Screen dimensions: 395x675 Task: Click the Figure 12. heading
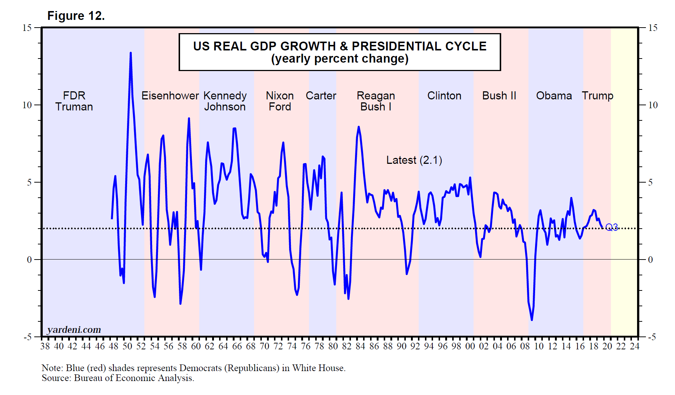click(x=76, y=16)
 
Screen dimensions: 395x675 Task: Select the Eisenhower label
click(x=170, y=96)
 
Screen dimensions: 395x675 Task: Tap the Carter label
click(x=321, y=96)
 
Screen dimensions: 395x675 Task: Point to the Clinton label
click(x=444, y=96)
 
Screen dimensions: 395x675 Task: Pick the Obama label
click(x=554, y=96)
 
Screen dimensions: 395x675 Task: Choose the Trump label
click(x=597, y=96)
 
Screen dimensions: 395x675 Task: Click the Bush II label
click(x=499, y=96)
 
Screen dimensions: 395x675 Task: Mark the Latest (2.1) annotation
click(x=414, y=160)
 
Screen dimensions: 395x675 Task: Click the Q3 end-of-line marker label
click(x=611, y=227)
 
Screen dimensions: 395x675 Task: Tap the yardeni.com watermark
click(x=74, y=329)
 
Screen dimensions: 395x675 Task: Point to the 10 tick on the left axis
click(x=27, y=105)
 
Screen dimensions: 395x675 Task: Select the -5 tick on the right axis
click(x=652, y=337)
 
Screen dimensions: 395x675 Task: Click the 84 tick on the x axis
click(x=360, y=346)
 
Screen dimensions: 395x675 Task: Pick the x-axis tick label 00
click(x=470, y=346)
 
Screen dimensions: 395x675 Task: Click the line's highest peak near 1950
click(x=130, y=53)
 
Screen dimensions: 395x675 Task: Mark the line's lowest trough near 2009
click(x=532, y=320)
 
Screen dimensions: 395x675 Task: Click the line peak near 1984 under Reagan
click(x=359, y=127)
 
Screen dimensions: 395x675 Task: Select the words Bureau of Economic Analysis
click(x=133, y=378)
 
